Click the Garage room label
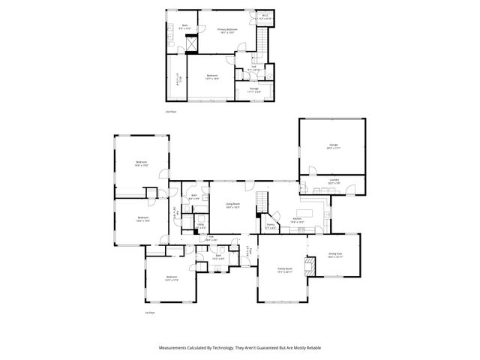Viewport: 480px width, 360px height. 333,145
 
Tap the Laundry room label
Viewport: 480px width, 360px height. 334,180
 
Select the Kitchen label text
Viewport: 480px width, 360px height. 296,219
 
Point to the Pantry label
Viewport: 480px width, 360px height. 271,224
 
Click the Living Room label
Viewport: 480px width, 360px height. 232,204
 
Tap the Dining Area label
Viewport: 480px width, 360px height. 334,256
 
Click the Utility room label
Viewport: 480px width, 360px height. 200,224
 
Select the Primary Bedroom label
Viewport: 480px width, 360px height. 227,30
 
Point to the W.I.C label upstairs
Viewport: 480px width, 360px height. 265,16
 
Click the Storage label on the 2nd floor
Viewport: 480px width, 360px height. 254,89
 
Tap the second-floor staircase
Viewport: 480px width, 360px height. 262,37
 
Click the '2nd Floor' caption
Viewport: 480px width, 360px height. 170,111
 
